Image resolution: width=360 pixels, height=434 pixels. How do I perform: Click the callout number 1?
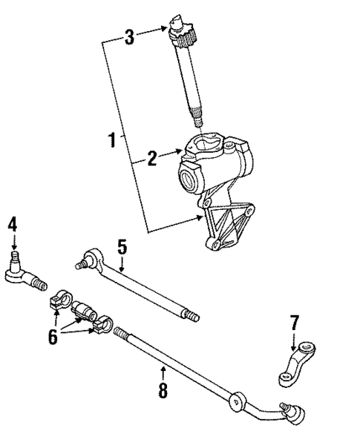pos(112,139)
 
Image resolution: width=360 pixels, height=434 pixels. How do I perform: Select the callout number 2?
pos(151,157)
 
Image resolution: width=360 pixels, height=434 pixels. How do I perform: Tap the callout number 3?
pos(129,35)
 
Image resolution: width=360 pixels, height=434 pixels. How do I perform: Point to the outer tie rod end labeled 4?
pos(22,277)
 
